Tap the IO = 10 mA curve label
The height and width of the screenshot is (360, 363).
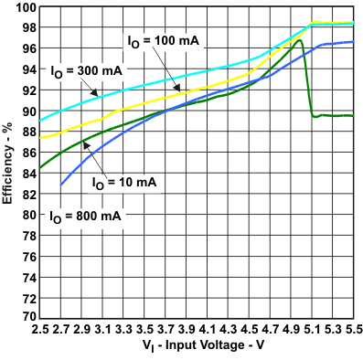[124, 183]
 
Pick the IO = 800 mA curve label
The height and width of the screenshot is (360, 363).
[85, 217]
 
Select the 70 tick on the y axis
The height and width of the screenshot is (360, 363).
[27, 316]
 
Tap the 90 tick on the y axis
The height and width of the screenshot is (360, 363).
[27, 111]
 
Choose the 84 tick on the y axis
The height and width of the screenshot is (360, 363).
[27, 173]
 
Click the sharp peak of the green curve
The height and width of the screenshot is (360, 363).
[299, 40]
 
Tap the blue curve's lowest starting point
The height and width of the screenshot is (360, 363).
[61, 185]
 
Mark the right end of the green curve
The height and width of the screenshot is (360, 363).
[353, 116]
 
